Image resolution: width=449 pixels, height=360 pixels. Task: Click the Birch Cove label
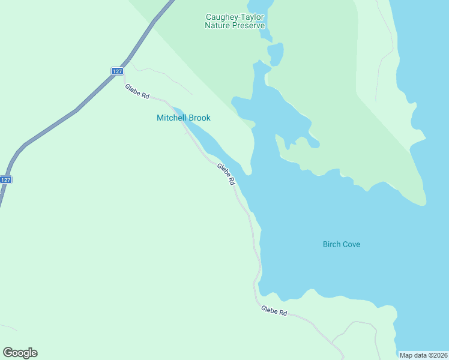tap(341, 244)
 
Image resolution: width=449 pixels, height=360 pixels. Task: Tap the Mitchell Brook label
tap(183, 118)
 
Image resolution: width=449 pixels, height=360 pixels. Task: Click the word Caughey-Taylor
tap(235, 17)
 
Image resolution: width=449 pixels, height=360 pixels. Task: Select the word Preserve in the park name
tap(247, 26)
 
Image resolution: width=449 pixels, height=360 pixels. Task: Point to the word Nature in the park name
tap(217, 26)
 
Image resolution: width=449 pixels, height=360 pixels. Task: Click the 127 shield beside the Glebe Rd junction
tap(117, 71)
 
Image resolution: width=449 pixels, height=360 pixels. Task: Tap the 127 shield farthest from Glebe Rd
tap(5, 179)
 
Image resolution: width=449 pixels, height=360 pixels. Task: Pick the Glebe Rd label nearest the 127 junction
tap(137, 92)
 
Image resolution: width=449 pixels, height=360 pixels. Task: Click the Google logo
tap(20, 353)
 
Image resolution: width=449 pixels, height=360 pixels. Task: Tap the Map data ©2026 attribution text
tap(423, 355)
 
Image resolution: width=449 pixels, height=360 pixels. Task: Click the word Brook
tap(199, 118)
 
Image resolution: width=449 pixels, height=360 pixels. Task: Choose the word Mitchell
tap(171, 118)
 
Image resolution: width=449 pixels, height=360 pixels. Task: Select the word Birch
tap(331, 244)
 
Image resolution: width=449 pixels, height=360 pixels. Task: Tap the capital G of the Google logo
tap(8, 352)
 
